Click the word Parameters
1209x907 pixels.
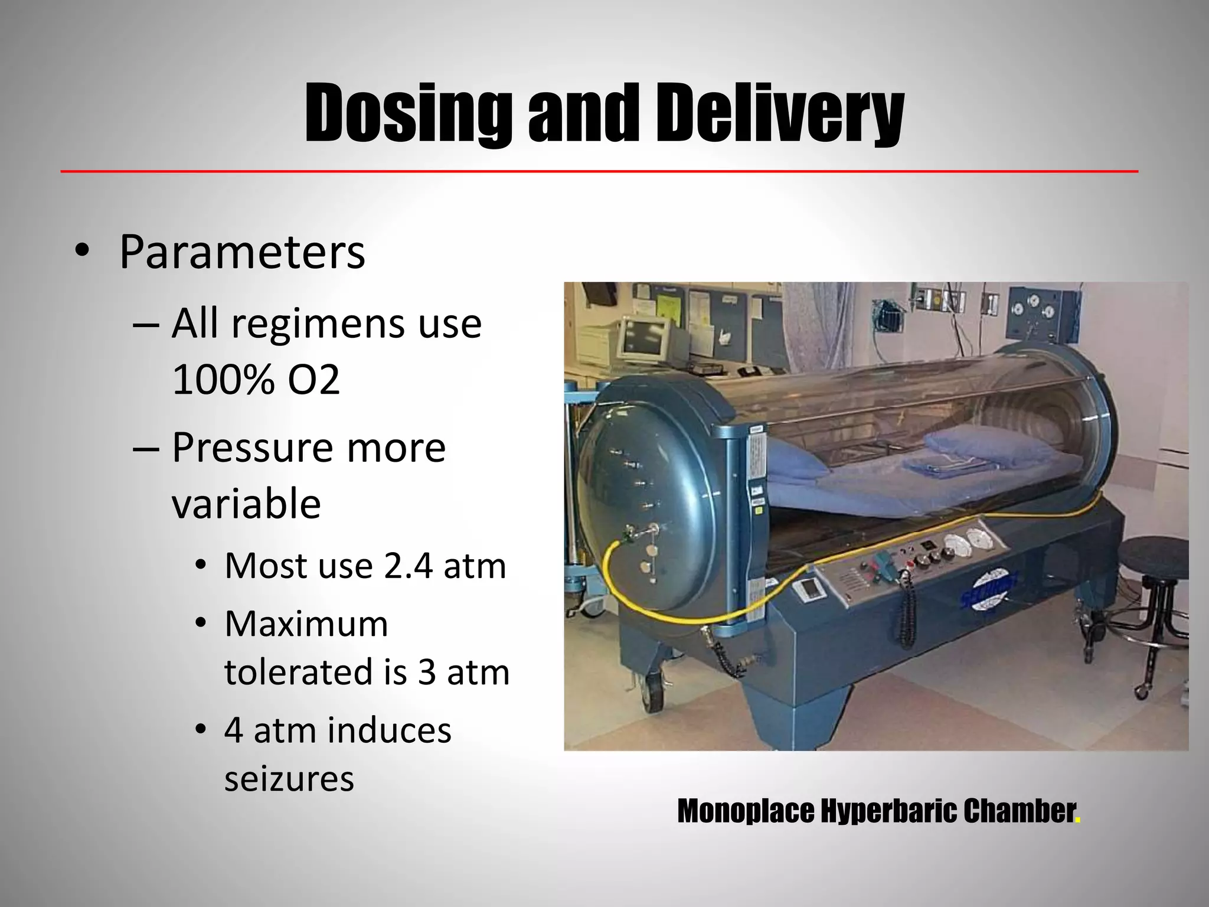(242, 252)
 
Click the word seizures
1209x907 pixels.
(289, 778)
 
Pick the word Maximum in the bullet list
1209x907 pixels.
(306, 624)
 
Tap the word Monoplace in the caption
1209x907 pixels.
(745, 811)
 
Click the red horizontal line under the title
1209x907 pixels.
(599, 171)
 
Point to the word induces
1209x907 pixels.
(389, 730)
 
